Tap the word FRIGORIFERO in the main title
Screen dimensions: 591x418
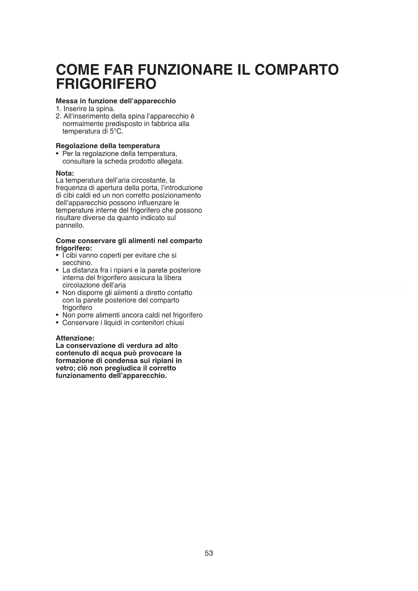coord(106,84)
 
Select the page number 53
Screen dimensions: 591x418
coord(209,553)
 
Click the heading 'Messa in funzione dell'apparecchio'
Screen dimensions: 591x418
coord(116,101)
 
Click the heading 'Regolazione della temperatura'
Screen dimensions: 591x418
coord(108,146)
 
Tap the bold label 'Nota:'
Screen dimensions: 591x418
coord(65,173)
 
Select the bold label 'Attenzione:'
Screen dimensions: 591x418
coord(75,338)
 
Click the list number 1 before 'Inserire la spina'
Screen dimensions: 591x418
coord(58,109)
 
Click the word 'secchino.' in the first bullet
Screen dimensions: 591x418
coord(77,263)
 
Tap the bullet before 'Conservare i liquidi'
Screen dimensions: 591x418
coord(58,323)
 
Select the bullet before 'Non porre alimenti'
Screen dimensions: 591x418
coord(58,315)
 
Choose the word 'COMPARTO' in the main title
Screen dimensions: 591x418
coord(296,70)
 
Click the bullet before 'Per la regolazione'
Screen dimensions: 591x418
coord(58,154)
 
